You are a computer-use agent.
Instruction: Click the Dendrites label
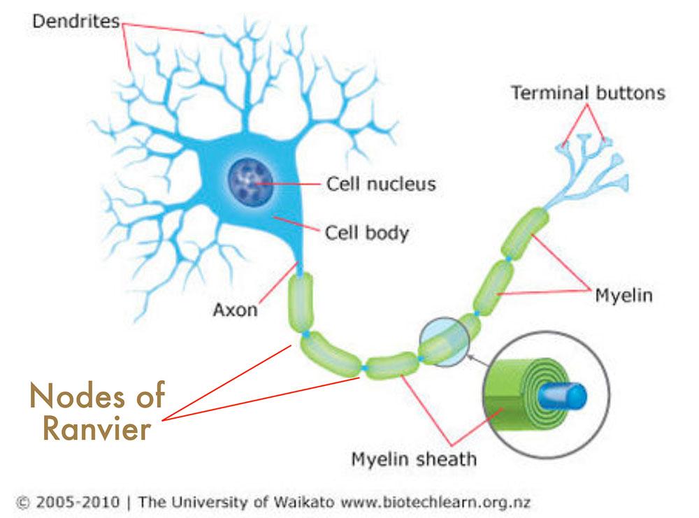[75, 21]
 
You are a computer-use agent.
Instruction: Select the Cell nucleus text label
[381, 184]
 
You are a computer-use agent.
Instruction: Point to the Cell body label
[366, 233]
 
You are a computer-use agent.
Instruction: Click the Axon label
[236, 310]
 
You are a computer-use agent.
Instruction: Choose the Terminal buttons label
[588, 93]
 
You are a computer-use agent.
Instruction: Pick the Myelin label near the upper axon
[624, 296]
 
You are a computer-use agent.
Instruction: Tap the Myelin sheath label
[414, 459]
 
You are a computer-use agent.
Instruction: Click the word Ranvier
[96, 429]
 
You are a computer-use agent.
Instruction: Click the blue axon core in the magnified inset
[563, 396]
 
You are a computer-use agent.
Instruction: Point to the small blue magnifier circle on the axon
[444, 342]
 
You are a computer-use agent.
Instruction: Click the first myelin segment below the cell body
[301, 303]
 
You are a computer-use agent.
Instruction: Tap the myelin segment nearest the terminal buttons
[525, 233]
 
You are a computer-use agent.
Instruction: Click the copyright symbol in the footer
[22, 503]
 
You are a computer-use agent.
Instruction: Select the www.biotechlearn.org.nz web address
[435, 503]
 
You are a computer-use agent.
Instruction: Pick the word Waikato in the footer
[303, 502]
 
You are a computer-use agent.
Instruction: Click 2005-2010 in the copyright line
[78, 502]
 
